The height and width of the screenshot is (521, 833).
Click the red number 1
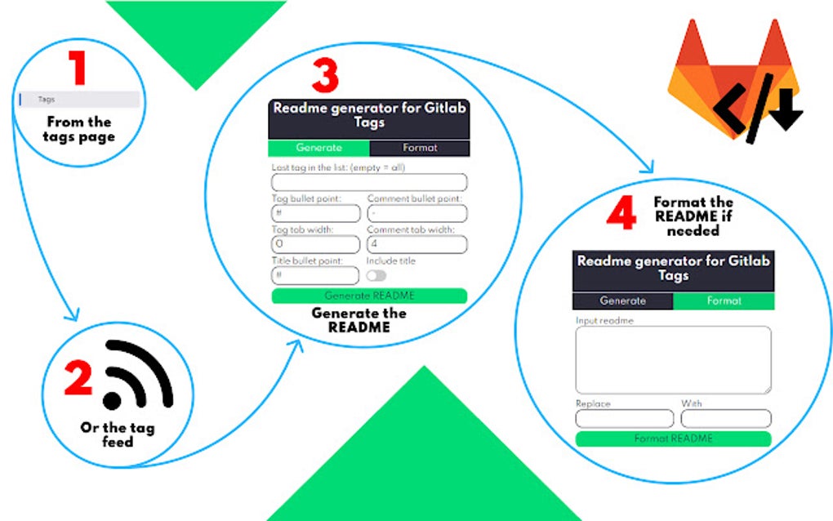point(78,69)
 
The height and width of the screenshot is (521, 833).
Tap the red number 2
point(79,378)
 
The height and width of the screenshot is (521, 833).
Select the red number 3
point(324,76)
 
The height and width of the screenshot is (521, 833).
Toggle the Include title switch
point(376,276)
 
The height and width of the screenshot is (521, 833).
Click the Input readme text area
point(673,360)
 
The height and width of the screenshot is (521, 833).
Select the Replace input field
point(624,419)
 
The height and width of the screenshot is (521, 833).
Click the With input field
point(725,419)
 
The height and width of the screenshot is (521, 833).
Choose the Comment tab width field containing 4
point(416,244)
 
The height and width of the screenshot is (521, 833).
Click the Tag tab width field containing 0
point(315,244)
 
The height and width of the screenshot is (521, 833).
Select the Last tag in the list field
point(368,182)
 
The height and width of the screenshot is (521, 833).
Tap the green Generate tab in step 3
point(318,148)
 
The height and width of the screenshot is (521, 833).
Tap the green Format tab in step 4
point(724,301)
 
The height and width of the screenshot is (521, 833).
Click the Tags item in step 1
point(79,100)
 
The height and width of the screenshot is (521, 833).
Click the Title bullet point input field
point(315,275)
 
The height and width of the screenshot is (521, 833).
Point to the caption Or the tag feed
point(117,434)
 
